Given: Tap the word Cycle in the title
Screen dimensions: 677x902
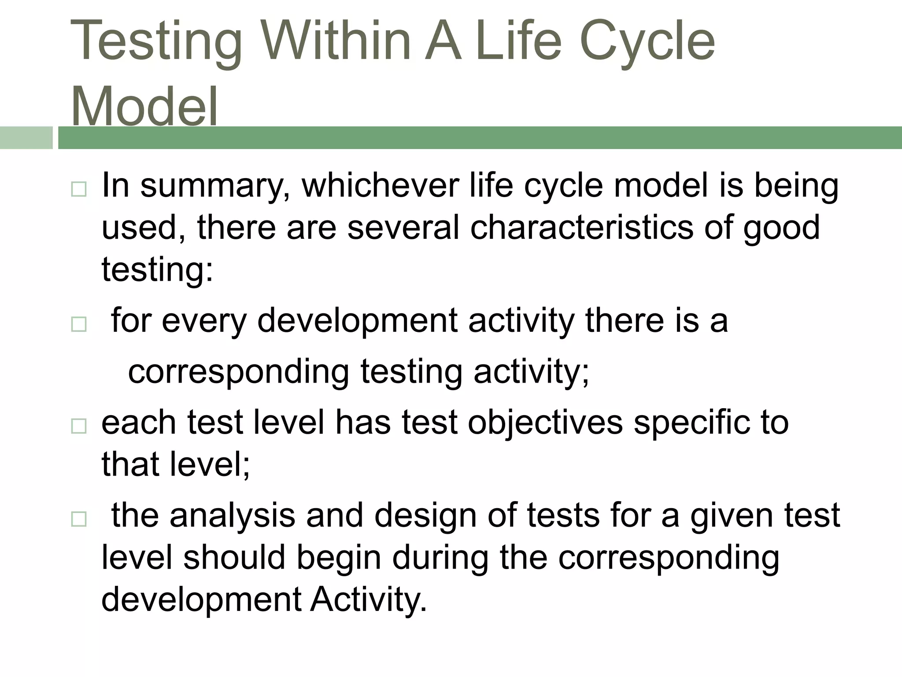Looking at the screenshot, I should click(x=647, y=42).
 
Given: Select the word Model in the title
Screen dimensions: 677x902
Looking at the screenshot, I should click(x=144, y=107).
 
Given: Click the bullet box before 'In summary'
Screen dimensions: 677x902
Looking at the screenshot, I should click(x=79, y=190).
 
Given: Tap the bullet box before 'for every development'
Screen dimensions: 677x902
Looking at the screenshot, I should click(x=79, y=325).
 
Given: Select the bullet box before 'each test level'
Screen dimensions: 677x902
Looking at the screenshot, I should click(x=79, y=426).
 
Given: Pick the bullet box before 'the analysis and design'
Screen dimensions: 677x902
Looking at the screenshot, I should click(x=79, y=519).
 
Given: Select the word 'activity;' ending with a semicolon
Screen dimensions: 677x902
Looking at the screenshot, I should click(x=531, y=372).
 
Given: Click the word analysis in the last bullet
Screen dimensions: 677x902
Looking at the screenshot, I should click(x=232, y=515).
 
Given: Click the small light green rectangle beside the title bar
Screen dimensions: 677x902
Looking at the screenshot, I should click(x=26, y=138).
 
